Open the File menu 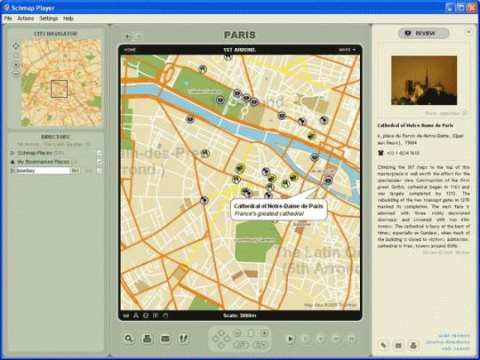(8, 18)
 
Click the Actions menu (25, 18)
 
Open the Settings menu (48, 18)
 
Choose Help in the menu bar (68, 18)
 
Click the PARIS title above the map (239, 36)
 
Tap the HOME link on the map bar (130, 49)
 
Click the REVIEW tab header (420, 33)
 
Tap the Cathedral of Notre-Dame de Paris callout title (267, 207)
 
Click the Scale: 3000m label (238, 315)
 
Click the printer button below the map (147, 339)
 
